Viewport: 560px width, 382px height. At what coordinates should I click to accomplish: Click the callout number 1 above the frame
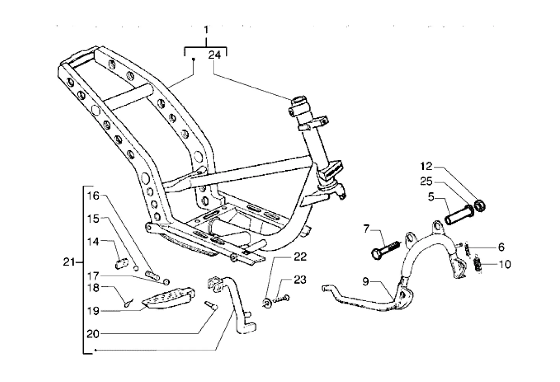[206, 30]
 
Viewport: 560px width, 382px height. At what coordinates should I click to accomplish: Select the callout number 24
[215, 55]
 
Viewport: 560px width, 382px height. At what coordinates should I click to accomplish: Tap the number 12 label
[427, 166]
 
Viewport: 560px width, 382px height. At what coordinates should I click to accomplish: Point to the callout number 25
[427, 181]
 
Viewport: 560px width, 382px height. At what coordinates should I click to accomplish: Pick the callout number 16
[93, 196]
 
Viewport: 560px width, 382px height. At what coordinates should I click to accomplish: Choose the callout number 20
[93, 334]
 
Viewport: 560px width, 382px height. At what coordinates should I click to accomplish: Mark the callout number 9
[366, 281]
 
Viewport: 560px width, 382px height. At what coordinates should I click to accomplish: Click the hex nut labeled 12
[480, 206]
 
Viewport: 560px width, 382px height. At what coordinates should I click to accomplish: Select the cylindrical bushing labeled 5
[459, 215]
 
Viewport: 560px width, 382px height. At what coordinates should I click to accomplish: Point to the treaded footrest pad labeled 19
[168, 298]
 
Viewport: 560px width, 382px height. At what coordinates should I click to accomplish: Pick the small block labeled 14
[122, 264]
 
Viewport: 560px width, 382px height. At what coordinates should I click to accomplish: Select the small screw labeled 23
[282, 299]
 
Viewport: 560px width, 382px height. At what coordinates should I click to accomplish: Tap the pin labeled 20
[211, 306]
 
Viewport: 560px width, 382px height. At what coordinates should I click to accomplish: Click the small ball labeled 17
[166, 282]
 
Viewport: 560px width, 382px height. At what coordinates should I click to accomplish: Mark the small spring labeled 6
[467, 250]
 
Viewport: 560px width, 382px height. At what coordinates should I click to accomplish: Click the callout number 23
[300, 280]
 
